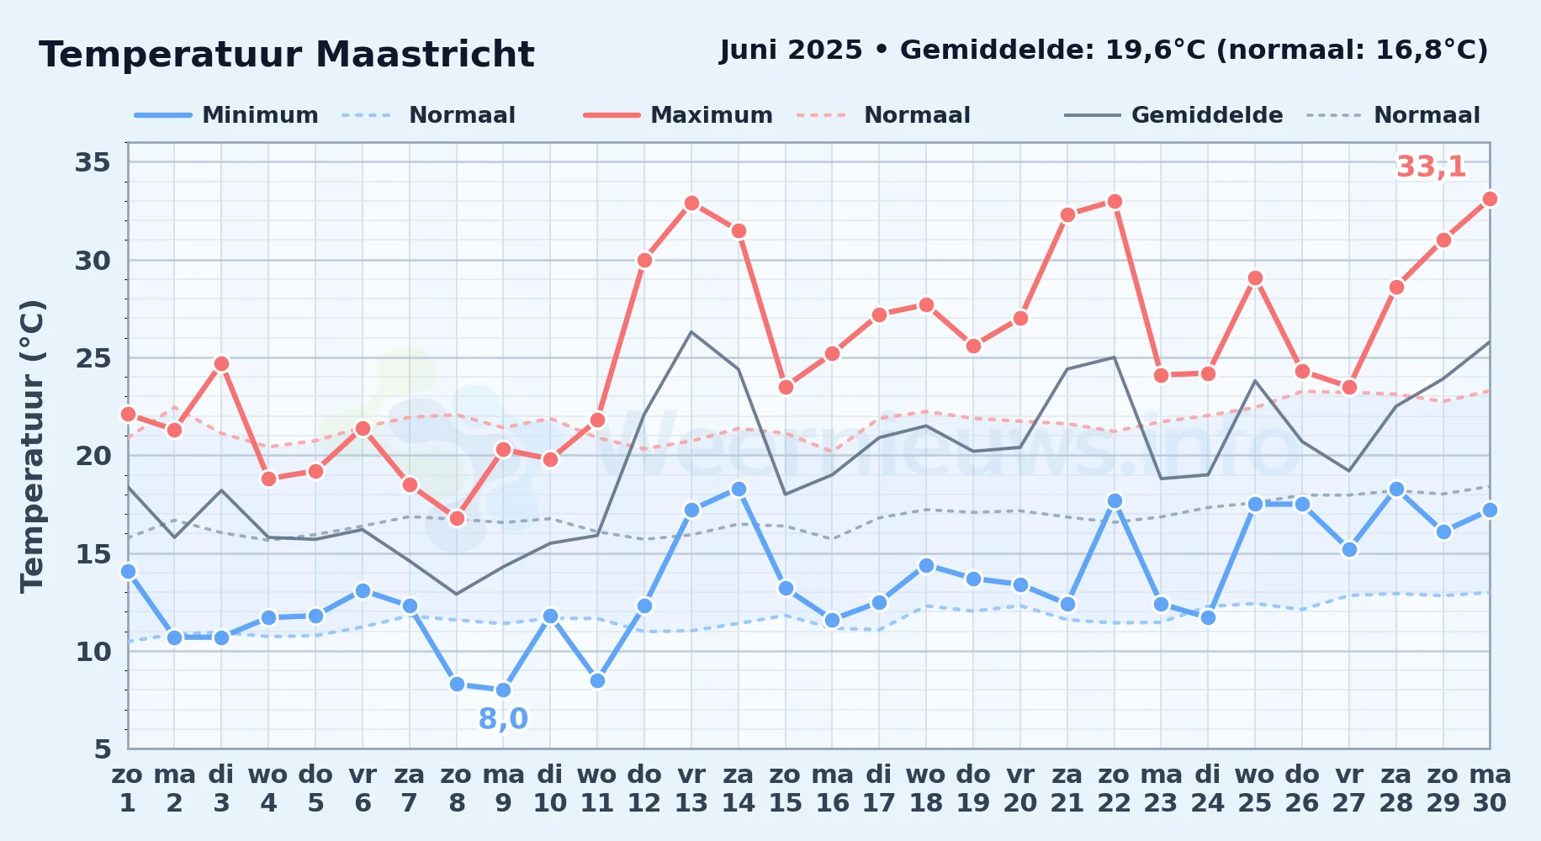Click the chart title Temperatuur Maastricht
click(x=287, y=55)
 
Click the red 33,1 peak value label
click(x=1431, y=167)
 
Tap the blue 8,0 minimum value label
click(x=503, y=719)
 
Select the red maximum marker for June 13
click(x=691, y=203)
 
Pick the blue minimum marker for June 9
click(x=503, y=690)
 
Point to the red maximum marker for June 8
click(x=457, y=518)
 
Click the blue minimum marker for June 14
click(x=739, y=489)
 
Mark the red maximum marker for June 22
click(x=1115, y=201)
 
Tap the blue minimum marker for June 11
click(x=597, y=680)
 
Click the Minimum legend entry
click(x=226, y=115)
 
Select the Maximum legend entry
click(x=678, y=115)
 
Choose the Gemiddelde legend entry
click(x=1173, y=115)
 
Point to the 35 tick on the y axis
click(x=93, y=162)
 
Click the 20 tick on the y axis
click(x=93, y=456)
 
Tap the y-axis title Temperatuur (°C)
click(x=32, y=446)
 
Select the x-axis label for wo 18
click(x=926, y=789)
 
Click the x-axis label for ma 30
click(x=1490, y=789)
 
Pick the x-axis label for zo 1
click(x=128, y=789)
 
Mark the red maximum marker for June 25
click(x=1255, y=278)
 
